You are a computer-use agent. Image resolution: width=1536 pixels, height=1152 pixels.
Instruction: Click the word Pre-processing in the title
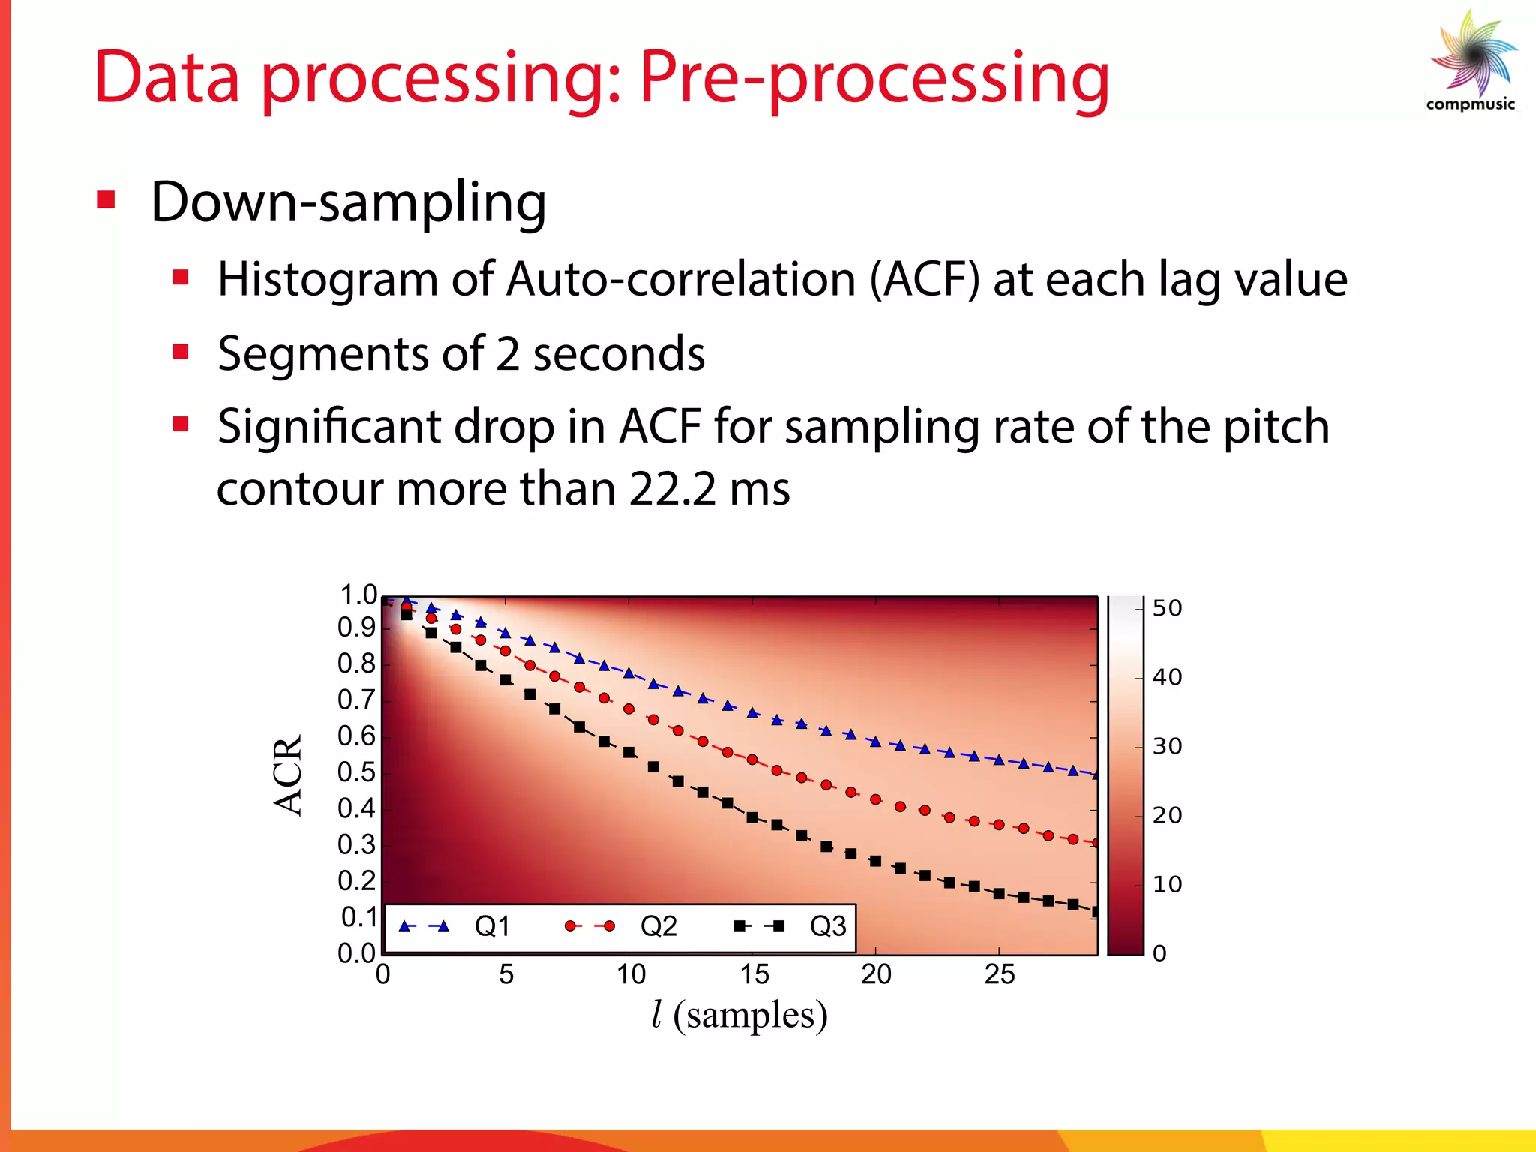point(873,79)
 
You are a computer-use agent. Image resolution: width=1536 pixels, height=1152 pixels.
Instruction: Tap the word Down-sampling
point(348,202)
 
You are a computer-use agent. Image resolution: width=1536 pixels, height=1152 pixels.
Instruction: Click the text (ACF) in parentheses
point(925,280)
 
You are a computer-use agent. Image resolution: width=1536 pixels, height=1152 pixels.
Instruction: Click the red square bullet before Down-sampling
point(106,200)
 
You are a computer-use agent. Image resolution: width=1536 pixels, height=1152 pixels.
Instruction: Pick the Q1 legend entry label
point(492,927)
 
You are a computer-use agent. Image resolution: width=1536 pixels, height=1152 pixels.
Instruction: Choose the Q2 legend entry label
point(658,927)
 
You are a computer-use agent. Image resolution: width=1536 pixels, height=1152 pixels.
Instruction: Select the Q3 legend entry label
point(828,927)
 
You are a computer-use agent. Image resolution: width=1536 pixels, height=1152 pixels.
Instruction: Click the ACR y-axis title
point(288,775)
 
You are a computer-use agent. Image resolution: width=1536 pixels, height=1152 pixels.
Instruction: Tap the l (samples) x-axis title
point(739,1015)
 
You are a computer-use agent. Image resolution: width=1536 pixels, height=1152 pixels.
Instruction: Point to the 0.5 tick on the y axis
point(356,772)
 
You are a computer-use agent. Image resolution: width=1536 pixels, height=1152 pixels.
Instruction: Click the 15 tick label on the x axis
point(754,974)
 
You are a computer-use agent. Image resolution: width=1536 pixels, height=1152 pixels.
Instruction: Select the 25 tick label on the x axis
point(999,974)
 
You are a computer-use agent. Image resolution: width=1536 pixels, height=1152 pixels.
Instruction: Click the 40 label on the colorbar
point(1167,677)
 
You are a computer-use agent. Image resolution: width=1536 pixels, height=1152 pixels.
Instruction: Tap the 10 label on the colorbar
point(1167,885)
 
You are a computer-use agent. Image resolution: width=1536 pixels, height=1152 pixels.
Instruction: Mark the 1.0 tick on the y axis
point(358,595)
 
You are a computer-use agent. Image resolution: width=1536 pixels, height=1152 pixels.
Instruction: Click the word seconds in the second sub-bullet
point(618,354)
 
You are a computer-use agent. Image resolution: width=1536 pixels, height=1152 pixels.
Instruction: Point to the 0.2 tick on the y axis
point(356,881)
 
